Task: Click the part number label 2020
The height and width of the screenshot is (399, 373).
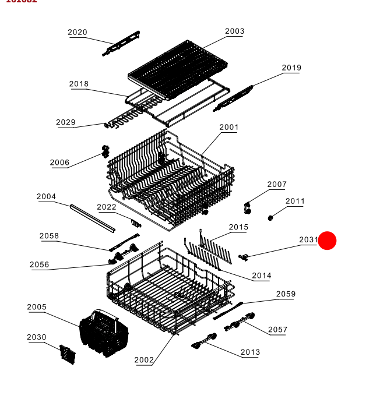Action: tap(78, 33)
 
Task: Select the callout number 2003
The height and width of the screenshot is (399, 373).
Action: tap(235, 31)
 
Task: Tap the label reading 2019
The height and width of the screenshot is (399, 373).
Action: tap(291, 68)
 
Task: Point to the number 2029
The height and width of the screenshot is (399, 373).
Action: tap(66, 122)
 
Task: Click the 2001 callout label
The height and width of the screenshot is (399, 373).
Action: tap(229, 128)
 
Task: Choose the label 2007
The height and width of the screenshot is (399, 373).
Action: tap(277, 185)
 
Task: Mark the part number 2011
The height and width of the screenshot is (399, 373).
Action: tap(295, 202)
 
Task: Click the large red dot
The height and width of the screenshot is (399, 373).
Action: tap(328, 240)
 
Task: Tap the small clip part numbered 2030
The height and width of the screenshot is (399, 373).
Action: tap(68, 354)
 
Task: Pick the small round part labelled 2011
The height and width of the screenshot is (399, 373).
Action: tap(271, 218)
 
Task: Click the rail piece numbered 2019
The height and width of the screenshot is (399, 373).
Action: tap(234, 98)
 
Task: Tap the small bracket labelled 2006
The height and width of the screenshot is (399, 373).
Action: tap(105, 151)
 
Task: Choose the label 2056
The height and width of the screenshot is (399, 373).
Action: tap(40, 265)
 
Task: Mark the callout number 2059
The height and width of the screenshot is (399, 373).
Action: tap(286, 294)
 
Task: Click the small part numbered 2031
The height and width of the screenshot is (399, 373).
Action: tap(244, 256)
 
